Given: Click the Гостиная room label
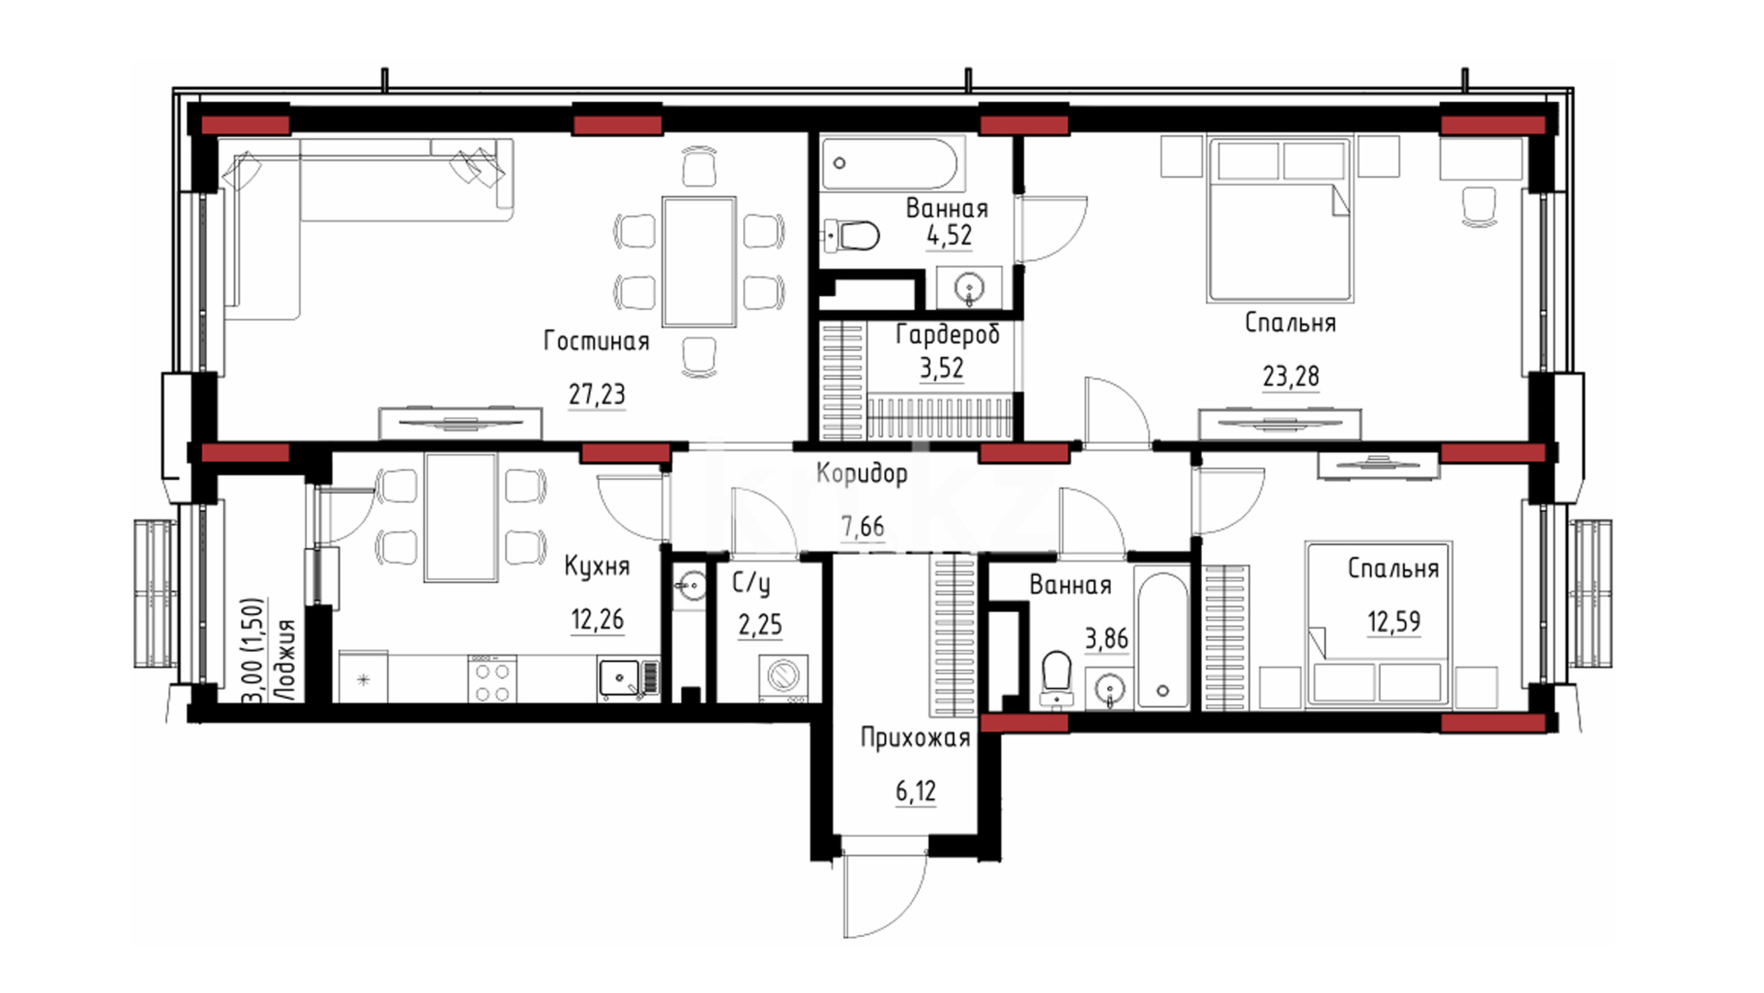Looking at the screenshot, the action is click(x=596, y=341).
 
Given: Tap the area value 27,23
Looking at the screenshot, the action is click(x=596, y=394).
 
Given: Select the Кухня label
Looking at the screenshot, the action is click(x=597, y=566).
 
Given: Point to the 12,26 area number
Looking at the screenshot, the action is click(x=597, y=620).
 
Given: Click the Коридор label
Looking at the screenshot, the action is click(x=862, y=474).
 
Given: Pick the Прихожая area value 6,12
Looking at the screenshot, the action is click(x=916, y=791).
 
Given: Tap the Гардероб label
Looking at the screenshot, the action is click(x=947, y=335).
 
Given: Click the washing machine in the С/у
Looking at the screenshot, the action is click(x=784, y=678).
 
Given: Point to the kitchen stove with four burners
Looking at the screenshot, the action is click(x=492, y=679).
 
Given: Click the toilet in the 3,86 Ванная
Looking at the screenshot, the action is click(x=1057, y=679).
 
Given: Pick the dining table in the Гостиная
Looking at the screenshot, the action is click(x=699, y=261).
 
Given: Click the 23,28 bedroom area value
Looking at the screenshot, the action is click(x=1291, y=376).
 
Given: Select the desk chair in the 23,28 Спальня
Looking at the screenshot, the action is click(x=1478, y=206).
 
